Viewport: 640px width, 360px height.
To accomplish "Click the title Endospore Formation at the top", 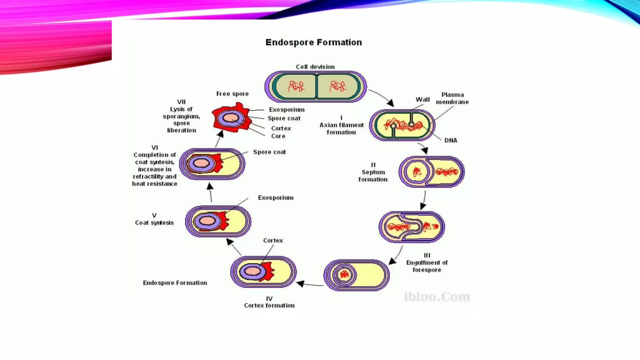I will [313, 42].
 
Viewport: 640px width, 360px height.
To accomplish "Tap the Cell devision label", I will [315, 67].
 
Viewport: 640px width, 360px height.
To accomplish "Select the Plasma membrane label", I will [452, 98].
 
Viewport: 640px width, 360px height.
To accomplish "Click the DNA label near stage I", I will [451, 141].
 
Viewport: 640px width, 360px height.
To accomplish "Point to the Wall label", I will [422, 100].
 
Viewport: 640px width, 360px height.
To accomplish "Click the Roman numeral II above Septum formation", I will [373, 165].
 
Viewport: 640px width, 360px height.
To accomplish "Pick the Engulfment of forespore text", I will [427, 266].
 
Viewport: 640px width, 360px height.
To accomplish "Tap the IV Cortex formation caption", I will [269, 302].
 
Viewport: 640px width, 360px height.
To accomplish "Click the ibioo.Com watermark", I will [437, 297].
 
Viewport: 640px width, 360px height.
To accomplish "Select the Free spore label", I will [232, 94].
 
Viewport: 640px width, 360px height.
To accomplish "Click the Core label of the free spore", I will [278, 136].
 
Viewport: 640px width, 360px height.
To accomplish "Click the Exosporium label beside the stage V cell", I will [276, 198].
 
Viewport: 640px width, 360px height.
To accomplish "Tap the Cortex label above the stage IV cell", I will [273, 241].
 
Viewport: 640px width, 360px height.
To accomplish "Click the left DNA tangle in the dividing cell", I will [296, 86].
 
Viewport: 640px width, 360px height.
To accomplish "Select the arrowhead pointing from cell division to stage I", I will [390, 103].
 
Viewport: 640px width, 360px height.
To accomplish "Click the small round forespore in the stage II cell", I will [417, 172].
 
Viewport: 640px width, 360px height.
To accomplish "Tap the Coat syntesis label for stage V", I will [154, 223].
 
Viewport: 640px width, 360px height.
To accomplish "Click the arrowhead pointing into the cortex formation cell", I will [300, 284].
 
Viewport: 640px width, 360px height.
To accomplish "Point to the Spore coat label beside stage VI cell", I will [269, 152].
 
